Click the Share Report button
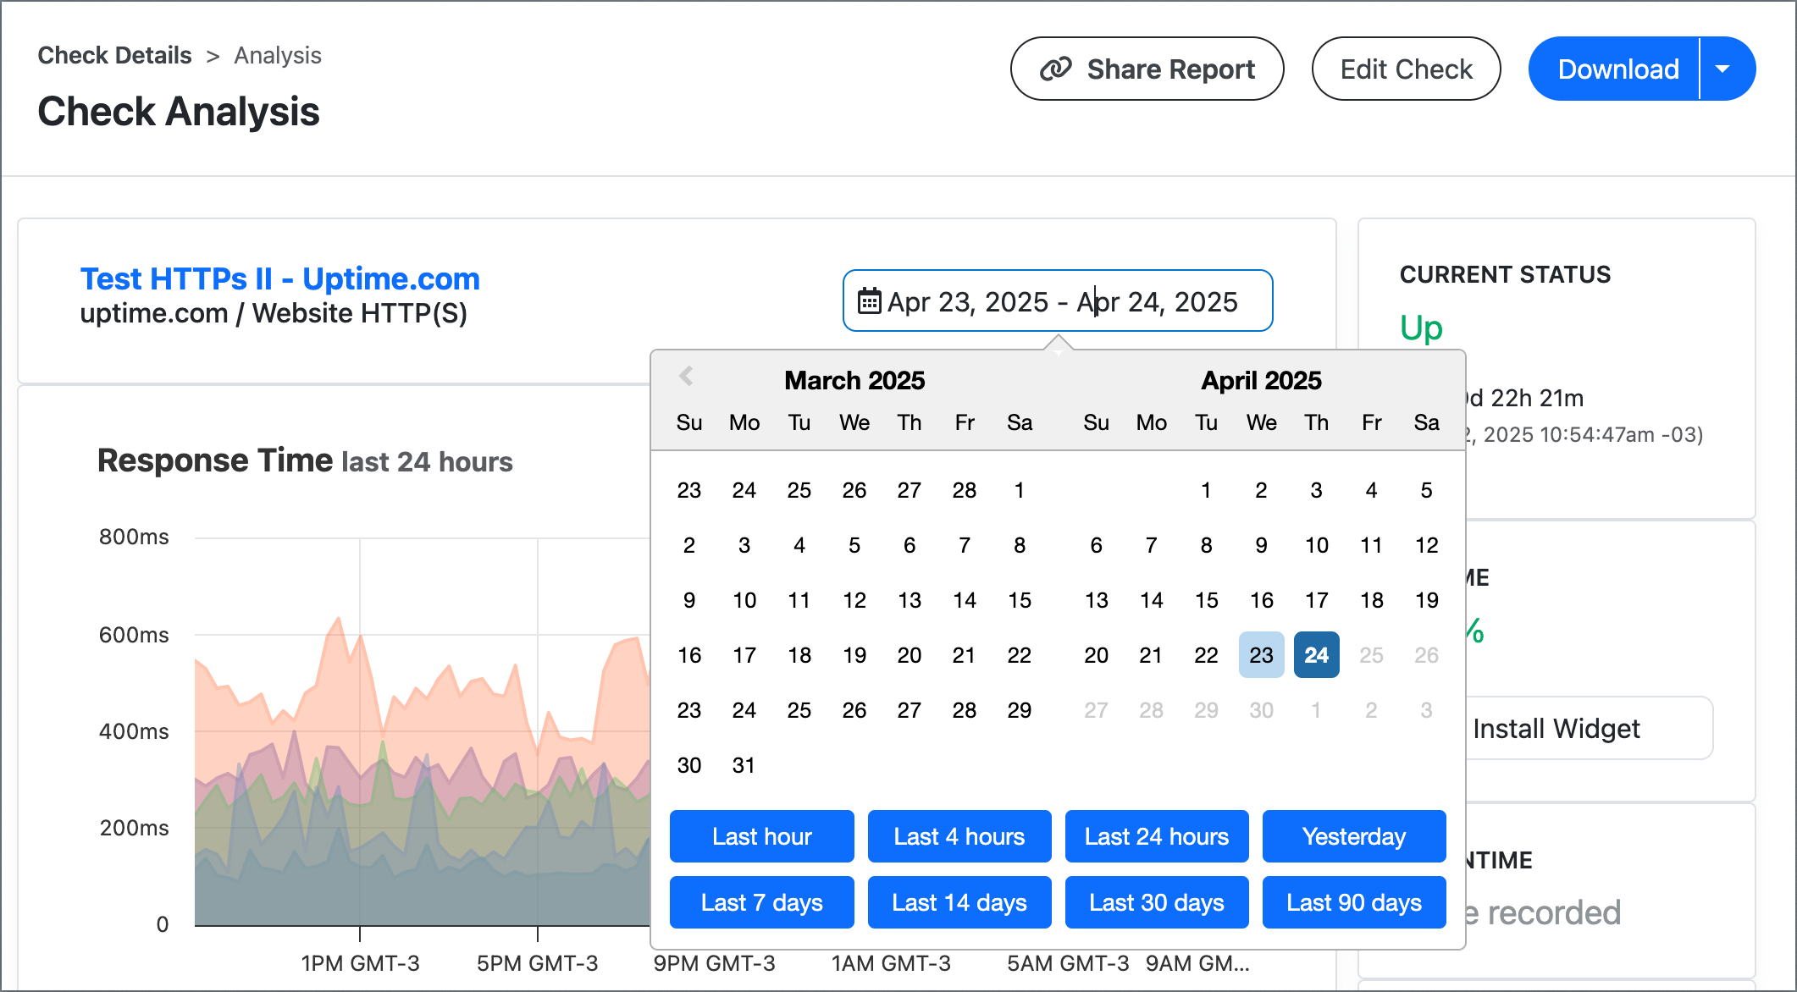[1147, 69]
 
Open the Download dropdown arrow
[1722, 69]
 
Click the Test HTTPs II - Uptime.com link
[279, 278]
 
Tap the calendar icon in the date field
[869, 301]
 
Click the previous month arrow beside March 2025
[686, 376]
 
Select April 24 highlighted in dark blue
[1316, 654]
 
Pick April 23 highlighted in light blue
[1261, 654]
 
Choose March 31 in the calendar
[744, 765]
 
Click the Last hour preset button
[761, 836]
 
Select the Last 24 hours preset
[1156, 836]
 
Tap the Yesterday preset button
[1353, 836]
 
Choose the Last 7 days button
[761, 902]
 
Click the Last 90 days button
[1353, 902]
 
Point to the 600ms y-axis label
[134, 635]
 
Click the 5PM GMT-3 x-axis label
[537, 963]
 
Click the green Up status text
[1421, 328]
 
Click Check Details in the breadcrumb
[114, 56]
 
